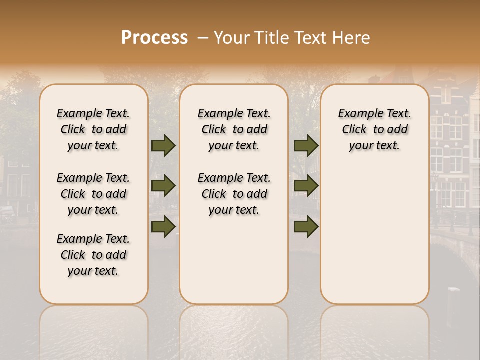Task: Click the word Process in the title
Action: click(x=154, y=38)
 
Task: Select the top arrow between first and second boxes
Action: click(x=163, y=146)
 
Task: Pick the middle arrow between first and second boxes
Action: click(x=163, y=186)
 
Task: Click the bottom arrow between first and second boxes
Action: click(x=163, y=226)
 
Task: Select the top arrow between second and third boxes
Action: click(x=306, y=146)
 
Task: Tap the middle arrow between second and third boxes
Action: click(x=306, y=186)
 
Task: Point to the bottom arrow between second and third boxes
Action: click(x=306, y=226)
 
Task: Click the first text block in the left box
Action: click(x=93, y=129)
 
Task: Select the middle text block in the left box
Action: click(x=93, y=194)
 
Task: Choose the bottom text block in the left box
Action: click(x=93, y=255)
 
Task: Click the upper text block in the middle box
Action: click(x=234, y=129)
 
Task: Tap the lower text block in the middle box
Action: click(x=234, y=194)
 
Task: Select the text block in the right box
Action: click(x=374, y=129)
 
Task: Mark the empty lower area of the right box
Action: click(x=374, y=230)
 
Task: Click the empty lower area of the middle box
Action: click(x=234, y=260)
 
